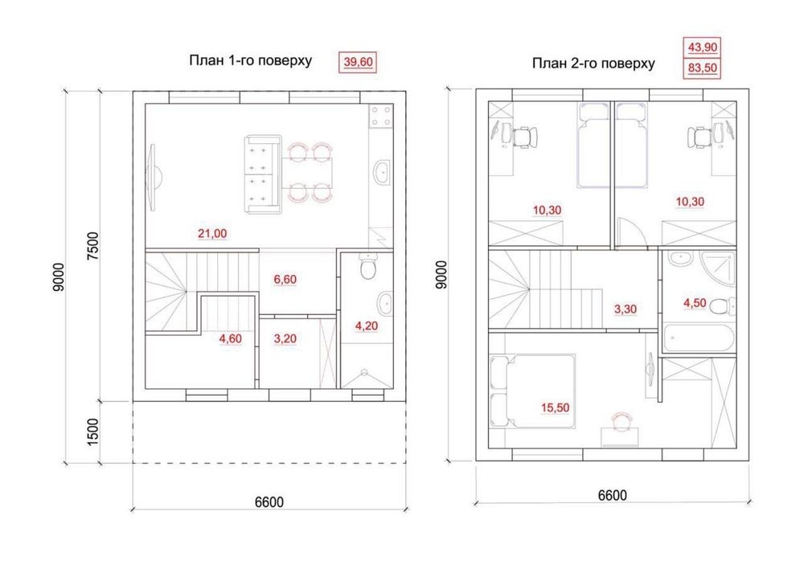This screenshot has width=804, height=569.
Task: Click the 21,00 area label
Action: point(212,234)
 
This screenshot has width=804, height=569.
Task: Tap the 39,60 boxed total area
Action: point(358,62)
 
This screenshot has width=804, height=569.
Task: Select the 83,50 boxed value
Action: point(703,68)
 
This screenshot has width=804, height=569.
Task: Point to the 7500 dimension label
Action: point(92,246)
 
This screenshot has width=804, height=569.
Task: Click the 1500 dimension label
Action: point(92,432)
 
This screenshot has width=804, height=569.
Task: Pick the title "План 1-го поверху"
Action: point(251,60)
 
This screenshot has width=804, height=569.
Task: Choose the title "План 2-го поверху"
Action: point(593,63)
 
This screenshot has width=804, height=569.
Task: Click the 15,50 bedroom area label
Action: point(555,408)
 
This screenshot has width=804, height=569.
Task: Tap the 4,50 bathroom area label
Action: point(695,303)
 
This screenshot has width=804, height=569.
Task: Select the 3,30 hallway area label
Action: point(625,309)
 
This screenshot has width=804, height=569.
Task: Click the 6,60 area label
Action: point(285,280)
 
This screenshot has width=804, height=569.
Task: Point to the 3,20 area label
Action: point(285,339)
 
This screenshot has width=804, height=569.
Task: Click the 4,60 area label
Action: point(230,339)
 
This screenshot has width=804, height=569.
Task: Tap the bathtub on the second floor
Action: point(699,338)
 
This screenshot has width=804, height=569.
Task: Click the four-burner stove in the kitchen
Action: point(381,116)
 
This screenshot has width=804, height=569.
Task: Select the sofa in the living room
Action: point(263,174)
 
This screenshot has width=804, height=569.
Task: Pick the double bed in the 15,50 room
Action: point(533,391)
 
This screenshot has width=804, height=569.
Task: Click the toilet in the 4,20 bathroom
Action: point(367,267)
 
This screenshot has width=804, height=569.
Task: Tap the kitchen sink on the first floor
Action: point(382,173)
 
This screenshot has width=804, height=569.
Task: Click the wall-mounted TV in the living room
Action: point(154,177)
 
